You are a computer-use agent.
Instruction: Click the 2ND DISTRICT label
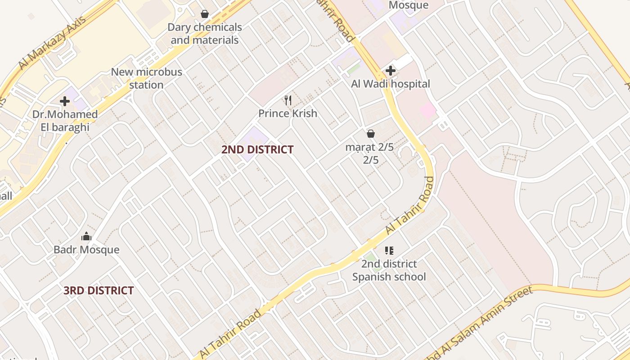pos(257,149)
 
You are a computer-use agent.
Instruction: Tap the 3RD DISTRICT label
pos(99,290)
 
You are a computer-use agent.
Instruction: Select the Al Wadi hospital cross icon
pos(391,71)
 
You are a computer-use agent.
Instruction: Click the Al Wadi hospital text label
pos(391,84)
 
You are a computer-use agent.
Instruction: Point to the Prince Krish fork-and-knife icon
pos(288,100)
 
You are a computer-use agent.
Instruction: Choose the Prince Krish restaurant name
pos(288,113)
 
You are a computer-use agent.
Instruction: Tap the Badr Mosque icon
pos(86,236)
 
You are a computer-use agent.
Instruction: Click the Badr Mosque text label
pos(86,249)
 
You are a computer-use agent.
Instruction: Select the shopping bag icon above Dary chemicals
pos(205,14)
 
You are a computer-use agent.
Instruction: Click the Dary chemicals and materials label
pos(205,33)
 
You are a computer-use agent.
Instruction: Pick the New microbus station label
pos(146,78)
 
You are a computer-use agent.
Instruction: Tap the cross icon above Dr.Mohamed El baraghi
pos(65,101)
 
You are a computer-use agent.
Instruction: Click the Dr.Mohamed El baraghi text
pos(65,121)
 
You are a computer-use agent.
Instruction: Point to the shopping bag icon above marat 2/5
pos(371,134)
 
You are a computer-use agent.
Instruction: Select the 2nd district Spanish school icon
pos(389,251)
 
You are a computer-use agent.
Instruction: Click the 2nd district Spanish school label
pos(389,270)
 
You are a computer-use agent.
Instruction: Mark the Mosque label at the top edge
pos(408,5)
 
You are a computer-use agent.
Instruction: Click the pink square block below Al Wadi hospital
pos(427,110)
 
